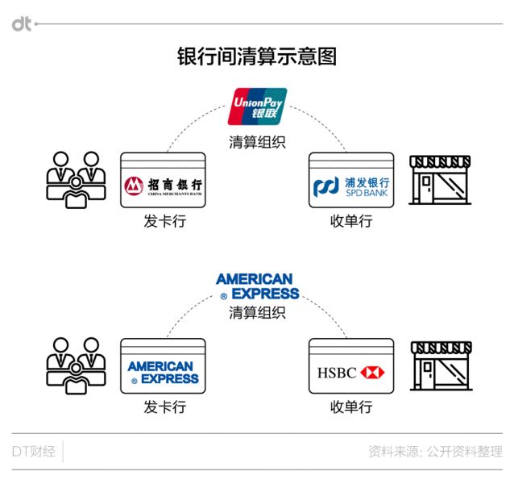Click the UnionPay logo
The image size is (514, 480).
coord(257,106)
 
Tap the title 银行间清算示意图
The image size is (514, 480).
coord(257,56)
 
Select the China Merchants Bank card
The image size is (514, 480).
coord(163,180)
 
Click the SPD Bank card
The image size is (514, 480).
coord(351,180)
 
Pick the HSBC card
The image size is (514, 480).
coord(351,366)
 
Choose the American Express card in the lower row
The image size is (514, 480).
coord(163,366)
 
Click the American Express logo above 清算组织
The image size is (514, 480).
coord(257,286)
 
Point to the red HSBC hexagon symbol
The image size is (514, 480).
coord(372,373)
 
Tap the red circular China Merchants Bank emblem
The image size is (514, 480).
coord(134,186)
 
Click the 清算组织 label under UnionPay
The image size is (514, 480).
coord(257,142)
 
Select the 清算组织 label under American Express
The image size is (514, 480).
coord(257,312)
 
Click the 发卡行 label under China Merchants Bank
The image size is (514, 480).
coord(165,221)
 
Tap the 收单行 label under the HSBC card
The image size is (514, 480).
coord(351,407)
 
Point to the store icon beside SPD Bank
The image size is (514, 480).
coord(440,180)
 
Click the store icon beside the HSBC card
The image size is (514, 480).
coord(441,366)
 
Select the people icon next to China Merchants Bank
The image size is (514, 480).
coord(76,180)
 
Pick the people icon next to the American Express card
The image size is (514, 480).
coord(76,365)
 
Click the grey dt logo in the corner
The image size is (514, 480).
coord(22,24)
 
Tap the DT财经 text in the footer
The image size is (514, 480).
coord(34,452)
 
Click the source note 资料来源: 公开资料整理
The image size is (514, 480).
coord(435,452)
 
